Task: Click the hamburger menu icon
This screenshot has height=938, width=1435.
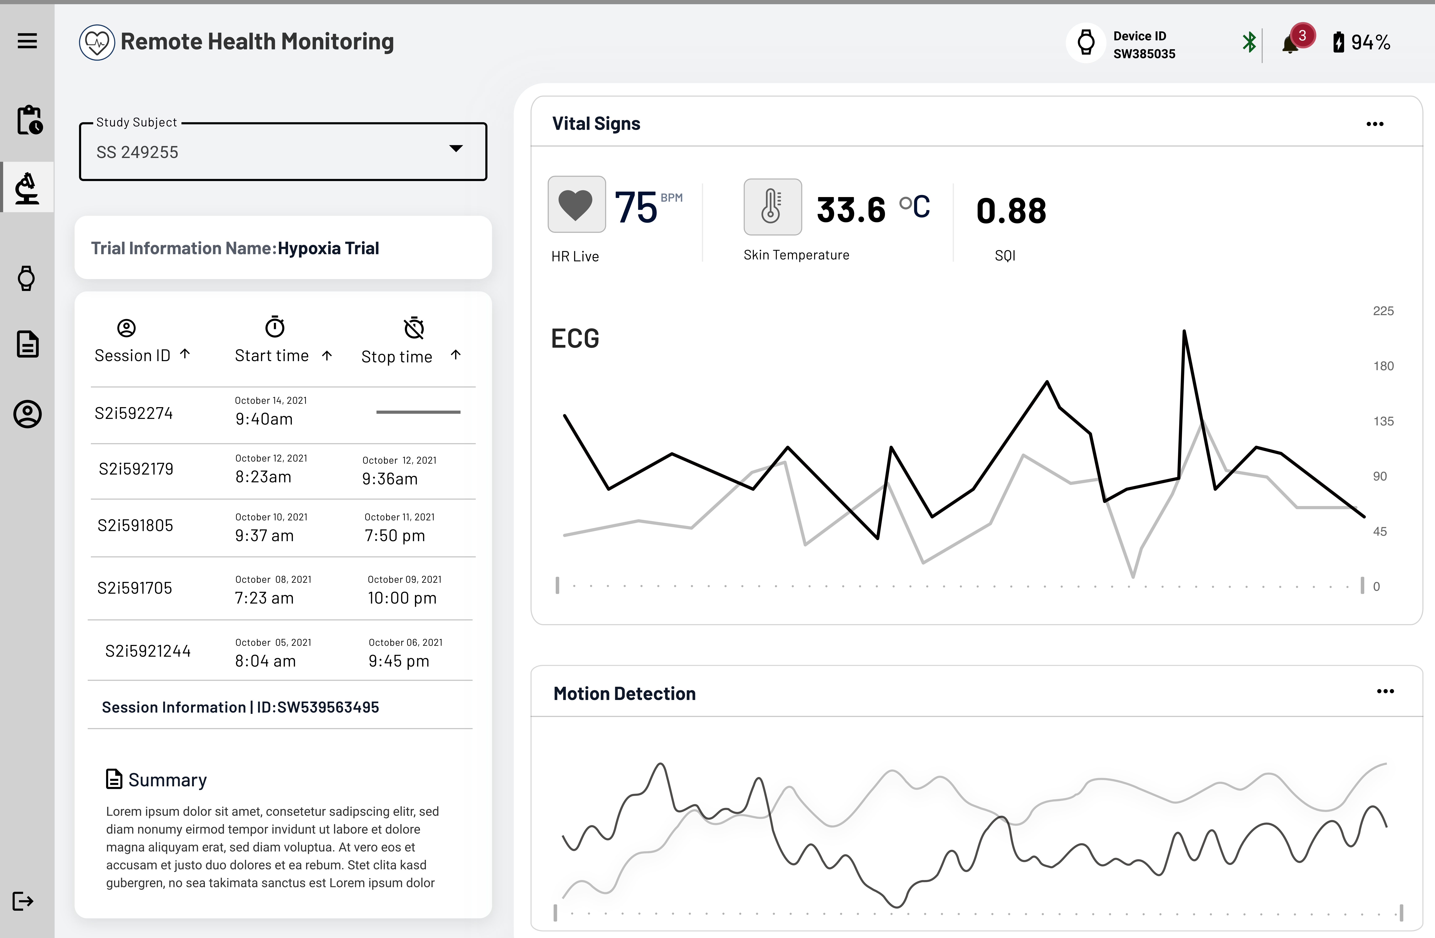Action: [x=27, y=41]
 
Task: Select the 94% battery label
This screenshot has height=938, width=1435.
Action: [x=1370, y=42]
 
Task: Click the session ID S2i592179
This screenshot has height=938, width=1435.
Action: [x=136, y=469]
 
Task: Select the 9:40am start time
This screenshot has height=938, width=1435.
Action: [x=264, y=419]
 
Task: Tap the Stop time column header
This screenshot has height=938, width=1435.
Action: [x=397, y=357]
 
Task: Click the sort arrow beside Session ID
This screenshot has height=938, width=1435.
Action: [x=185, y=354]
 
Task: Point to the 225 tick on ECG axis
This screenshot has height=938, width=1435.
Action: [x=1383, y=311]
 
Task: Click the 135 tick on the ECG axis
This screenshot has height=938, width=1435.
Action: [x=1383, y=421]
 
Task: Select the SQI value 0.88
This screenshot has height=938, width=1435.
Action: [x=1011, y=211]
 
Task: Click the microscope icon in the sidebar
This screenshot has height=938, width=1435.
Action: [x=27, y=188]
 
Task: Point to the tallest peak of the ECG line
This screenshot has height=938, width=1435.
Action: [x=1184, y=331]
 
